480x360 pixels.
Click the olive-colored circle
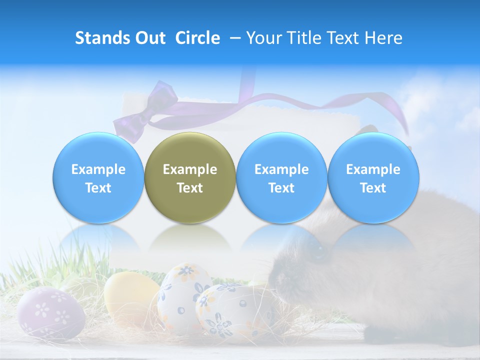pyautogui.click(x=189, y=178)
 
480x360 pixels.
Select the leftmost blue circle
pyautogui.click(x=98, y=178)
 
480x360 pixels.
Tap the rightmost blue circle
pyautogui.click(x=373, y=178)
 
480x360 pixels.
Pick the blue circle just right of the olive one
pyautogui.click(x=281, y=178)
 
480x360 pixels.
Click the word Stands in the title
pyautogui.click(x=103, y=38)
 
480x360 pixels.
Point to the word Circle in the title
pyautogui.click(x=197, y=38)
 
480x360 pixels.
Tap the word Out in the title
pyautogui.click(x=150, y=38)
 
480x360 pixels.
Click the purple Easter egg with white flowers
pyautogui.click(x=50, y=312)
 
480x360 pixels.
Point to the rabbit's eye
pyautogui.click(x=318, y=252)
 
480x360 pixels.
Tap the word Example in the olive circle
pyautogui.click(x=190, y=169)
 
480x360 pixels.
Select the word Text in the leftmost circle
pyautogui.click(x=98, y=188)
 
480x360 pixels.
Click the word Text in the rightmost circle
pyautogui.click(x=373, y=188)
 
